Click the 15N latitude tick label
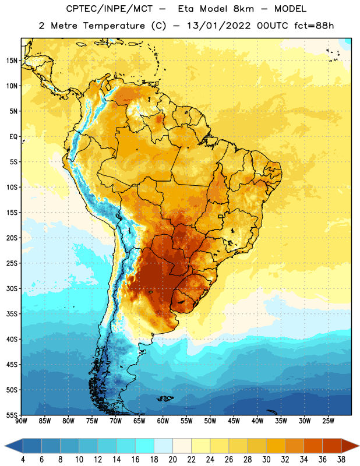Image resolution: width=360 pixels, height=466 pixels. coord(12,61)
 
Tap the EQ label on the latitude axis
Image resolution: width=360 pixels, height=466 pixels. coord(13,137)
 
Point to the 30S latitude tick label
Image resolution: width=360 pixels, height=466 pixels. coord(12,288)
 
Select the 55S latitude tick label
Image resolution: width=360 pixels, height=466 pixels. coord(12,415)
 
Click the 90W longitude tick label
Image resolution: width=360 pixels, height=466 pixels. coord(21,421)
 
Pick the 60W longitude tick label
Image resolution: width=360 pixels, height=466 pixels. coord(163,421)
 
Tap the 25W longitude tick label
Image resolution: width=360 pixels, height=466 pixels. coord(328,421)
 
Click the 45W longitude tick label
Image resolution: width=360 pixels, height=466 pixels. coord(234,421)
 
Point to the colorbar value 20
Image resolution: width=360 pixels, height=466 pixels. coord(172,460)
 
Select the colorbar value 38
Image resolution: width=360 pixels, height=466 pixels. coord(341,460)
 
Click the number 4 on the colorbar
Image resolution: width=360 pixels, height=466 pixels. coord(23,460)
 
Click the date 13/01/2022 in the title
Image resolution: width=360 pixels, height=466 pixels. coord(219,26)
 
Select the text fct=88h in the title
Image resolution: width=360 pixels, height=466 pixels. coord(314,26)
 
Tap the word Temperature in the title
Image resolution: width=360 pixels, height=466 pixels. coord(114,26)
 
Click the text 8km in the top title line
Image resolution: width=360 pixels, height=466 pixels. coord(243,9)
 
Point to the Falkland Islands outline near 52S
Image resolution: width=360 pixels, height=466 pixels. coord(165,398)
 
